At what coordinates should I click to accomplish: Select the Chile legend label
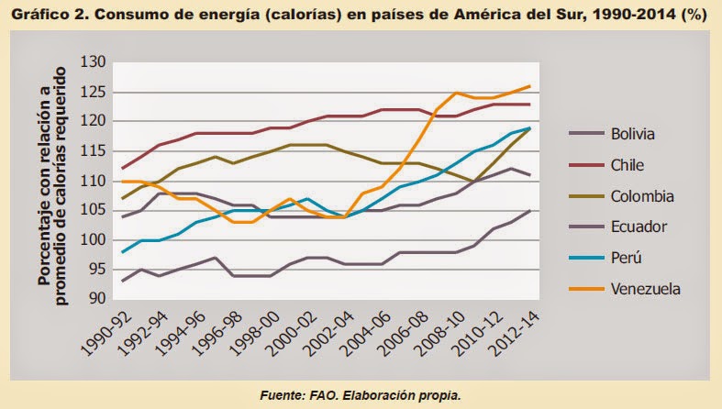click(628, 165)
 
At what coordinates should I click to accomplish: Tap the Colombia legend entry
click(642, 196)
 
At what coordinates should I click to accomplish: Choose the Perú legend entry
click(628, 258)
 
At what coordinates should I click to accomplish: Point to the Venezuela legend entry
click(646, 288)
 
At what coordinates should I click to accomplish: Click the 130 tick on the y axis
click(94, 62)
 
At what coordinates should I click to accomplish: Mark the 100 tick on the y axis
click(94, 240)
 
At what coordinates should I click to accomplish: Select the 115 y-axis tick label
click(94, 151)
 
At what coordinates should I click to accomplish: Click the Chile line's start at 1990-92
click(122, 169)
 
